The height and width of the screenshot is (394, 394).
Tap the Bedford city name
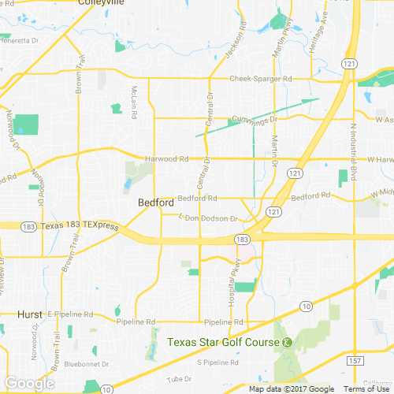pyautogui.click(x=155, y=203)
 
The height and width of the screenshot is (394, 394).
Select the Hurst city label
pyautogui.click(x=30, y=314)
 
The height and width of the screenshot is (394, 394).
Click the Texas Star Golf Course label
pyautogui.click(x=223, y=342)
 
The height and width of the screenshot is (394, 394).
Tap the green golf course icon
pyautogui.click(x=288, y=342)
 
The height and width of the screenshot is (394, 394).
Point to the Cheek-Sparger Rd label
pyautogui.click(x=260, y=79)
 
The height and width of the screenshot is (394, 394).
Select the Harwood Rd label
pyautogui.click(x=167, y=158)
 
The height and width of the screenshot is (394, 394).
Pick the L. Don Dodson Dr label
pyautogui.click(x=208, y=217)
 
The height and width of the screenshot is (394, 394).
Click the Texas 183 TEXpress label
pyautogui.click(x=79, y=226)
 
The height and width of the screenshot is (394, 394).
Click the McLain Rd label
pyautogui.click(x=135, y=102)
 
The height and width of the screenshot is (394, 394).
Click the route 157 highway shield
pyautogui.click(x=356, y=360)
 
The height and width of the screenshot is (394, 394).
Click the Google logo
pyautogui.click(x=28, y=383)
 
